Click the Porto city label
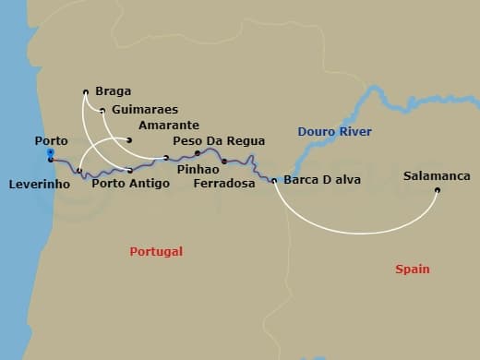pyautogui.click(x=51, y=140)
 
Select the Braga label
pyautogui.click(x=112, y=91)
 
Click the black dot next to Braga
pyautogui.click(x=86, y=91)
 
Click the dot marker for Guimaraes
pyautogui.click(x=102, y=111)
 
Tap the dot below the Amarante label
pyautogui.click(x=129, y=140)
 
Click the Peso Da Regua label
pyautogui.click(x=219, y=141)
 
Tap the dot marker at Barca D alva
pyautogui.click(x=274, y=181)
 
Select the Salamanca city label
pyautogui.click(x=437, y=175)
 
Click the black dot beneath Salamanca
pyautogui.click(x=438, y=191)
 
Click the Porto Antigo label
pyautogui.click(x=130, y=184)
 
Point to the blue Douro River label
pyautogui.click(x=334, y=132)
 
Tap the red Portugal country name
pyautogui.click(x=156, y=251)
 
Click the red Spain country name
pyautogui.click(x=412, y=269)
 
